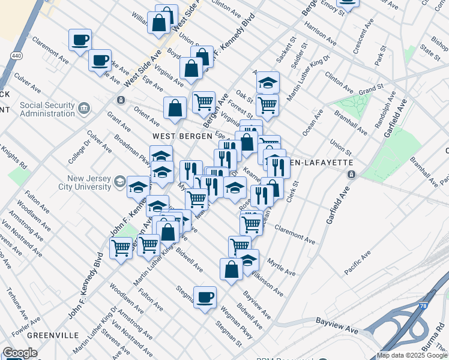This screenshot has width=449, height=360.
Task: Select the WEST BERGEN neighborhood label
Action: pos(170,137)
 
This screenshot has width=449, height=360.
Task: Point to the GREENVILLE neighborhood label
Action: pos(53,334)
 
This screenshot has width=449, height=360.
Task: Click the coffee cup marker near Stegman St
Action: pos(205,297)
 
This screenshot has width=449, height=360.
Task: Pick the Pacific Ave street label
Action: pos(357,264)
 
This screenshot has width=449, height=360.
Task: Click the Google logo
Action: pos(20,353)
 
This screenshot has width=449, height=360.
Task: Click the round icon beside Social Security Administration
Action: pos(84,109)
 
